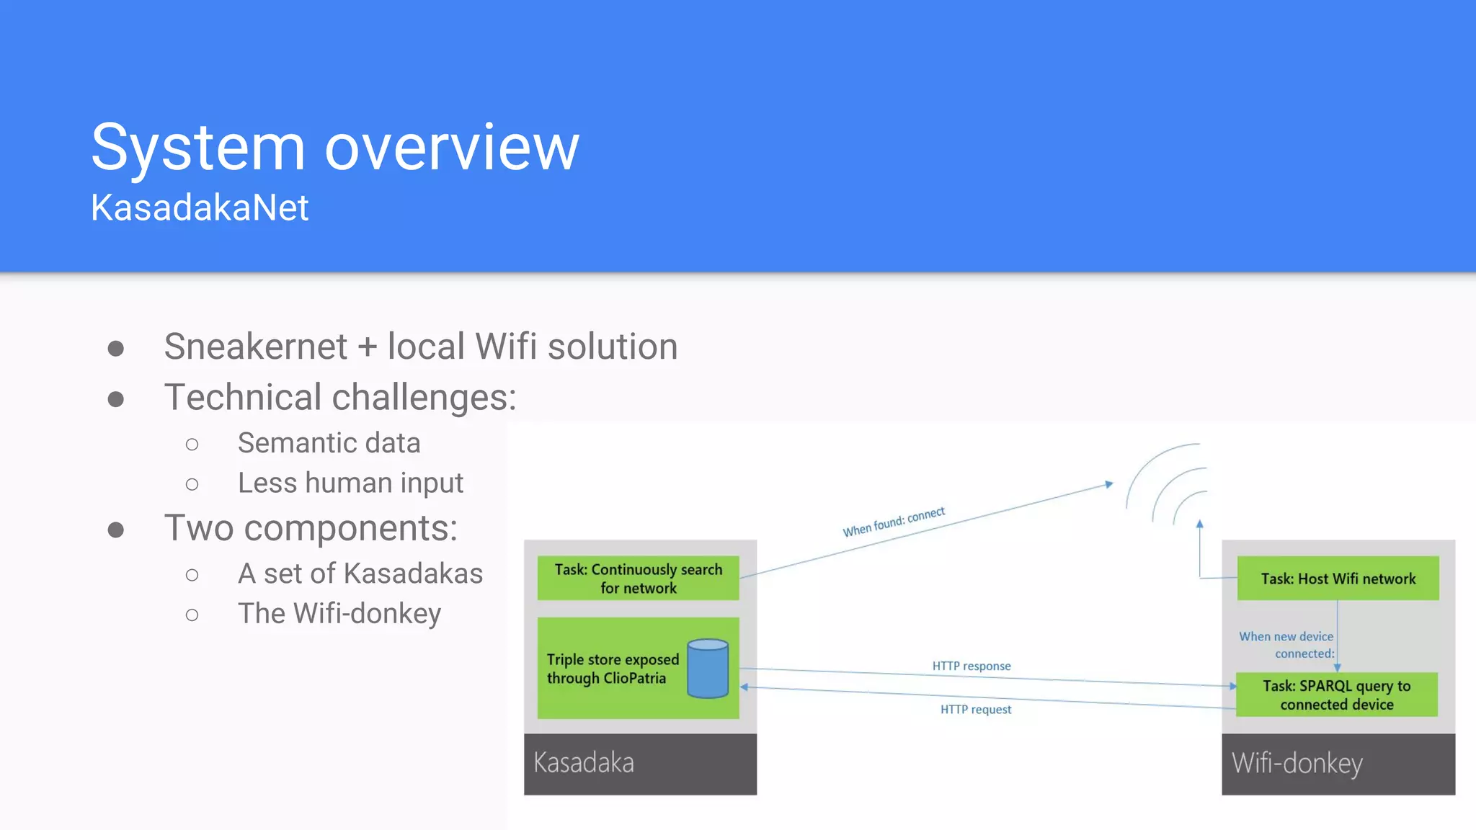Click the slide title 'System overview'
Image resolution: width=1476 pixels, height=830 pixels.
(335, 148)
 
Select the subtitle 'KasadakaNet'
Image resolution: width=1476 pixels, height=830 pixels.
(200, 208)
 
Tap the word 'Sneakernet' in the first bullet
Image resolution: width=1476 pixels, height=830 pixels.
(256, 347)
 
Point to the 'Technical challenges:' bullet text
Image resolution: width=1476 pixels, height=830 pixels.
(340, 397)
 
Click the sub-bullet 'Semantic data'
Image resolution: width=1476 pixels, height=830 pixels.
(329, 443)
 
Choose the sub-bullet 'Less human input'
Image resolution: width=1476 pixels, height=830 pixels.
(350, 483)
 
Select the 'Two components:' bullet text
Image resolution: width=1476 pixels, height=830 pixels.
(311, 528)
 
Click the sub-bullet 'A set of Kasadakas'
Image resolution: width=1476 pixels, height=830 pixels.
(360, 574)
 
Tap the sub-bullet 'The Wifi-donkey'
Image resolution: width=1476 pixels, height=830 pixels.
(339, 614)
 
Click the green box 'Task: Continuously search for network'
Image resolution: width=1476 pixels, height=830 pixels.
(638, 578)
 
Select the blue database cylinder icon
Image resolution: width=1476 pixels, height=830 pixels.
(708, 669)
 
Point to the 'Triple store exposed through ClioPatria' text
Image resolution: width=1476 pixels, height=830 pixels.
(613, 669)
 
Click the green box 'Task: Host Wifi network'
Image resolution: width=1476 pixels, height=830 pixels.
(1338, 579)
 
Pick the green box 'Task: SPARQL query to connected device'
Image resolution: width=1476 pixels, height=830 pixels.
(1336, 695)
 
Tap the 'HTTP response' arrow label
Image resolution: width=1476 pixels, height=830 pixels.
(972, 666)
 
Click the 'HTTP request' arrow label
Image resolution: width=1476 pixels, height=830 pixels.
(976, 710)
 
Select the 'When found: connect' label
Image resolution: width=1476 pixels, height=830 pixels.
(894, 522)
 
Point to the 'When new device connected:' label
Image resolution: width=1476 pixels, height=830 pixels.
(1287, 645)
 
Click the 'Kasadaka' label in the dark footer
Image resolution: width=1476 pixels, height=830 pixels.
(584, 763)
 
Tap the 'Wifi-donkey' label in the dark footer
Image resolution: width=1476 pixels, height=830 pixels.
(1297, 763)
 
